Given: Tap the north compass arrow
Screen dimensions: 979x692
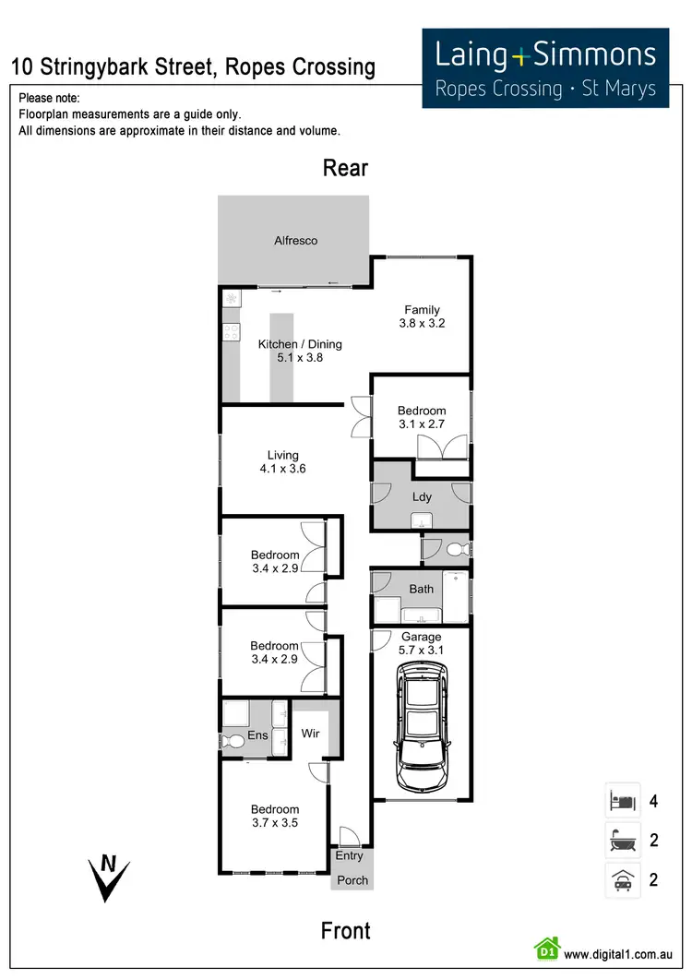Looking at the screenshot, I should pos(108,878).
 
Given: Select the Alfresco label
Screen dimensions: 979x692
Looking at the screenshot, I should pos(295,241).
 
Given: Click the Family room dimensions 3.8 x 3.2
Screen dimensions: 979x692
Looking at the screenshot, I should pos(422,324).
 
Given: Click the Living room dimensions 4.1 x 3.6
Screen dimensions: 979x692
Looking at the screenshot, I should pos(282,469).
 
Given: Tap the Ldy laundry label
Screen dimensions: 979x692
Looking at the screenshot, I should pos(422,496).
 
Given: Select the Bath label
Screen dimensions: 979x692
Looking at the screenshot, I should pos(422,588).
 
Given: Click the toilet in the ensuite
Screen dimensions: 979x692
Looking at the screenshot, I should pos(233,740).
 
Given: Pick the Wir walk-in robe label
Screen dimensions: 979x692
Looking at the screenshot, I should pos(311,734).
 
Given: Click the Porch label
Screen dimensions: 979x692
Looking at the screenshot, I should pos(352,880).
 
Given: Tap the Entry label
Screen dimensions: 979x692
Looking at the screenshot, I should pos(349,856).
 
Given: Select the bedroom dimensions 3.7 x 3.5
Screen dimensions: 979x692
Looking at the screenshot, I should pos(275,823).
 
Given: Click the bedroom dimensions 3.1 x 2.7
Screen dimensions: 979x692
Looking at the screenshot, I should pos(422,424).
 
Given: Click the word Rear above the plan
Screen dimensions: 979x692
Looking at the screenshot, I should pos(345,168).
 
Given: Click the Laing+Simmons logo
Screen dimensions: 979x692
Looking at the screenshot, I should pos(545,67).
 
